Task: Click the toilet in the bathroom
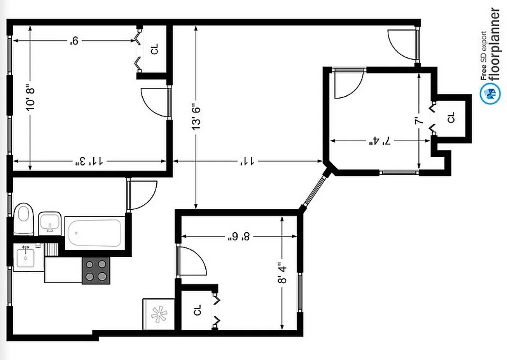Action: point(24,219)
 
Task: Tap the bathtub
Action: point(95,232)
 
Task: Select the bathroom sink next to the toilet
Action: point(50,223)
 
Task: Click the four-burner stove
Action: point(96,271)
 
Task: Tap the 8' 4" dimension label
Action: point(282,273)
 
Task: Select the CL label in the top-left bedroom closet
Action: point(155,49)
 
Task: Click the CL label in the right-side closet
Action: point(451,118)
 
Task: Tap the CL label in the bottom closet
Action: point(197,310)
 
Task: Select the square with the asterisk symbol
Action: point(158,314)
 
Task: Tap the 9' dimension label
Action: point(74,41)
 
